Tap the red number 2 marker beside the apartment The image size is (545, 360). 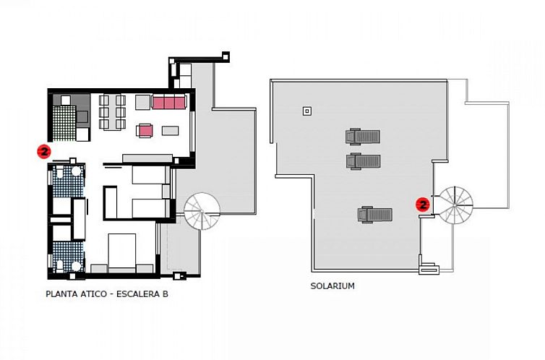(43, 151)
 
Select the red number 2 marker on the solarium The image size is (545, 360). (424, 205)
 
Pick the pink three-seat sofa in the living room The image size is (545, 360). (169, 103)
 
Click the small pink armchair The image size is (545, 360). (146, 131)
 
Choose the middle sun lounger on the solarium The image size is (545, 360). (364, 160)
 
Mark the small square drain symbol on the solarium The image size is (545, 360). (307, 111)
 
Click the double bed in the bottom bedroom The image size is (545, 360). (132, 251)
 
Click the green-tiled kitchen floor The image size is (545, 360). (64, 120)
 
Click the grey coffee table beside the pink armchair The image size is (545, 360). (171, 131)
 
